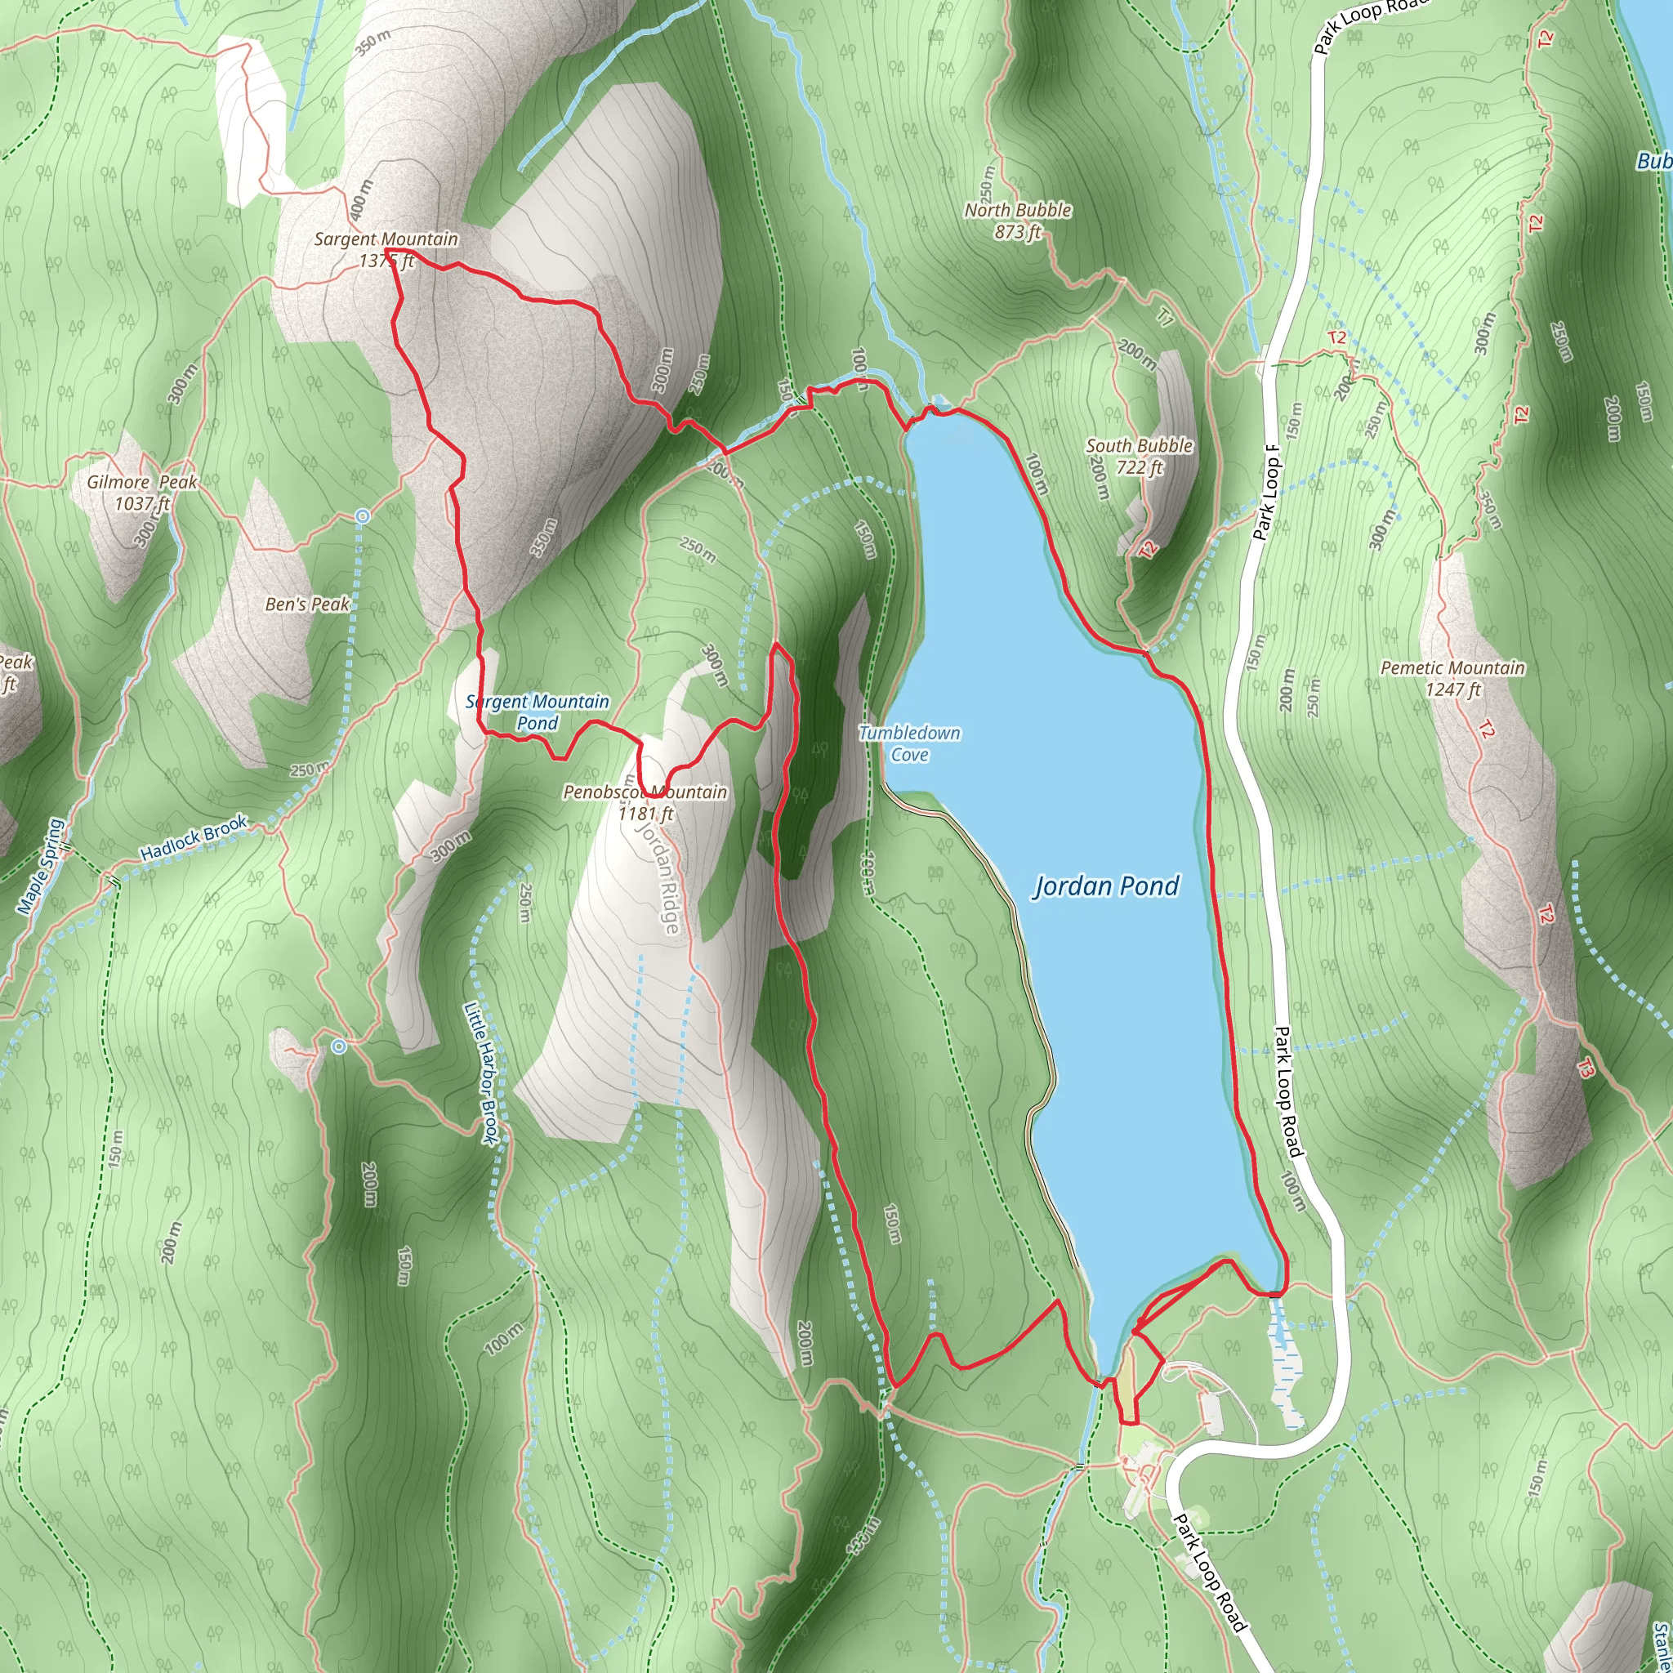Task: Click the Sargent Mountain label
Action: pos(386,239)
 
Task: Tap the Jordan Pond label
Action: pos(1106,886)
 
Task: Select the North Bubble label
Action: pos(1018,211)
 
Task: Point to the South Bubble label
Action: pos(1139,446)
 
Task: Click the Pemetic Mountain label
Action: pos(1452,667)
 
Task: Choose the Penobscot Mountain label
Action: pos(645,792)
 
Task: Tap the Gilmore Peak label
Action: pos(142,482)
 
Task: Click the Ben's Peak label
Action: pos(307,605)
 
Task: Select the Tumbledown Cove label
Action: pos(909,744)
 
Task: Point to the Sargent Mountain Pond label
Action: pos(538,712)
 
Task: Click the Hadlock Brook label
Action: pos(194,838)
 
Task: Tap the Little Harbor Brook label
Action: pos(481,1073)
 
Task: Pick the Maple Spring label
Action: pos(41,866)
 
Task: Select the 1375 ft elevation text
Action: pos(386,261)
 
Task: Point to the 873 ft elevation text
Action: pos(1018,232)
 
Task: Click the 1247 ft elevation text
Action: pos(1452,689)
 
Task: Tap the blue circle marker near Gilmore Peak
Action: pos(363,517)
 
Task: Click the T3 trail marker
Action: pos(1584,1069)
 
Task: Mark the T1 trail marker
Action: pos(1165,319)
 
